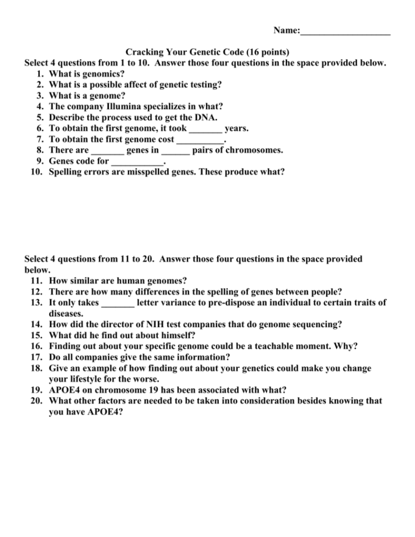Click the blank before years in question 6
click(x=206, y=128)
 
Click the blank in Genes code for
click(x=137, y=162)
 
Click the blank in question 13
click(x=117, y=302)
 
